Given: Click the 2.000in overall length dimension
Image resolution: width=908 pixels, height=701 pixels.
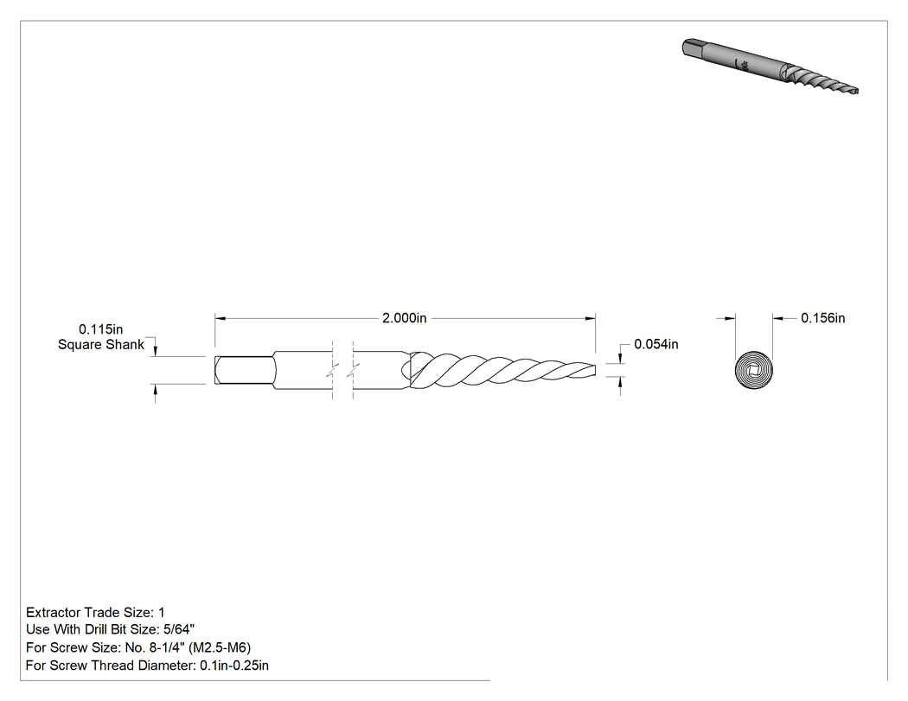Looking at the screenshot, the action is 404,318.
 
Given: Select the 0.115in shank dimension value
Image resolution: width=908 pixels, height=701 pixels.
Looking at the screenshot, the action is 101,329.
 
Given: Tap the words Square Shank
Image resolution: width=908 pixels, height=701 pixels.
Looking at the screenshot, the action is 101,345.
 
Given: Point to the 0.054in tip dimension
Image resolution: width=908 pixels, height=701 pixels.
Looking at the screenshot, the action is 656,344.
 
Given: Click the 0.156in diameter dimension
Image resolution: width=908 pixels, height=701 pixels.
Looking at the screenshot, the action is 823,318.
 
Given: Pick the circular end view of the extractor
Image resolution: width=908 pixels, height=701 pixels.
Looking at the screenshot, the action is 754,370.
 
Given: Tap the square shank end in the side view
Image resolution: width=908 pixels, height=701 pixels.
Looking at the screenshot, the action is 243,370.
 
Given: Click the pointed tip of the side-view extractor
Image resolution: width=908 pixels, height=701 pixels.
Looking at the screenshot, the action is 595,370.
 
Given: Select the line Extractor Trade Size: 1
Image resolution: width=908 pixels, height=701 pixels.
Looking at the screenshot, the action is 95,613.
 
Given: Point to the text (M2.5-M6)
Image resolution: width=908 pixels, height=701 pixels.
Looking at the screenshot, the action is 220,647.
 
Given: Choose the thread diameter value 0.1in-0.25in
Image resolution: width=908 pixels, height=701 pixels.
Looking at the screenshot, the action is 234,666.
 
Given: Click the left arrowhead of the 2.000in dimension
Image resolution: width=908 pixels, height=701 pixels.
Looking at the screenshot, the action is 220,318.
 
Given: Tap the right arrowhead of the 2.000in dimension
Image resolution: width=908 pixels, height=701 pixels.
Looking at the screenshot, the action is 591,318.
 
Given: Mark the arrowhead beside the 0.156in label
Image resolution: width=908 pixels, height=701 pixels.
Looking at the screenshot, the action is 777,318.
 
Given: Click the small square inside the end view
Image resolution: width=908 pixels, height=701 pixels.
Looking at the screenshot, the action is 754,370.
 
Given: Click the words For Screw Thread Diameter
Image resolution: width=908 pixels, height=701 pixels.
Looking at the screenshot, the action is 111,666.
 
